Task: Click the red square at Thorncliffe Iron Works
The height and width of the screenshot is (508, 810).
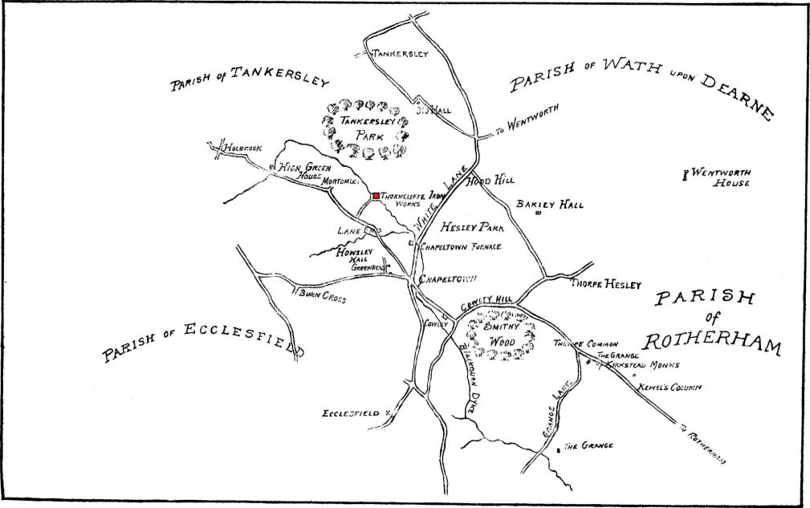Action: pos(376,196)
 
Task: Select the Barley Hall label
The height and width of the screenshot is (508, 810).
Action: pos(550,205)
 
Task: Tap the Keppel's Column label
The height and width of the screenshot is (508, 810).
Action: pos(669,387)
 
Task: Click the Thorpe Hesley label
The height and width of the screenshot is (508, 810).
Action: pos(605,284)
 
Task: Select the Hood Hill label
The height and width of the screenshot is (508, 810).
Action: pos(494,181)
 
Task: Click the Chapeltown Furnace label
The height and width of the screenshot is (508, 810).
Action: pos(461,247)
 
